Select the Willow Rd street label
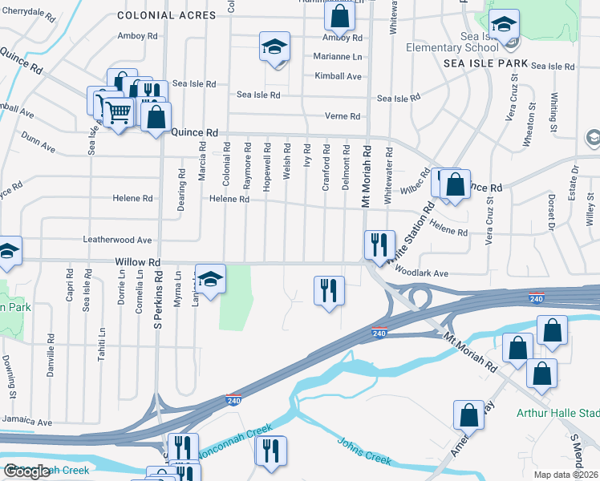pyautogui.click(x=138, y=262)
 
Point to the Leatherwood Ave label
pyautogui.click(x=117, y=240)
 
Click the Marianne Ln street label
pyautogui.click(x=338, y=57)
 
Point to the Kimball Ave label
pyautogui.click(x=338, y=77)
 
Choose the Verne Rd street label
pyautogui.click(x=343, y=116)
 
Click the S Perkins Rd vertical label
pyautogui.click(x=158, y=305)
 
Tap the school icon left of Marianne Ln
pyautogui.click(x=274, y=47)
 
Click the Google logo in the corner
pyautogui.click(x=26, y=472)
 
